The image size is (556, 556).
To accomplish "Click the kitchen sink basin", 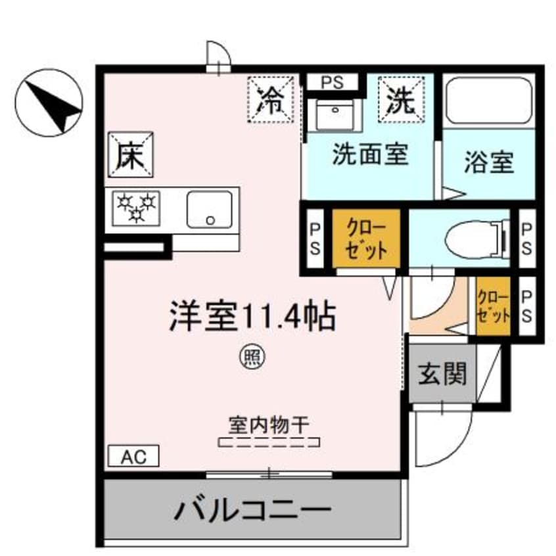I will coord(209,209).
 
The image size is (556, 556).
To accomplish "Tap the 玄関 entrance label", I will coord(442,374).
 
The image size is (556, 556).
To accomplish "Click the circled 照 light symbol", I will coord(252,357).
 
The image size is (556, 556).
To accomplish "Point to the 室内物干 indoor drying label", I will coord(269,425).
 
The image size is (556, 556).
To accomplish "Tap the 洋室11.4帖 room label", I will coord(253,316).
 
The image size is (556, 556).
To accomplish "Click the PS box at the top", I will coord(333,82).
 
